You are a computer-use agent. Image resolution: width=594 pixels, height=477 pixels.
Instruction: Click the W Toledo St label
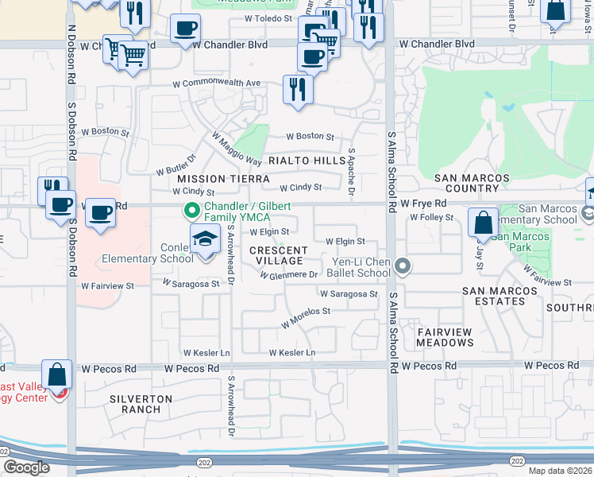click(x=269, y=17)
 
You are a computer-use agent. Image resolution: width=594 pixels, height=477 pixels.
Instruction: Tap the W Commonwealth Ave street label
click(x=218, y=83)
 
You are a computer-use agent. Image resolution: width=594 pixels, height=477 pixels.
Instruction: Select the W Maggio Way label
click(x=237, y=149)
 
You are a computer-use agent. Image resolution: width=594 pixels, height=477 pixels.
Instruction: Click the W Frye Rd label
click(x=423, y=204)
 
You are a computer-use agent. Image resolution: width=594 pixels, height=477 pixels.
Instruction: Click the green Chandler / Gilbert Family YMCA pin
click(x=191, y=211)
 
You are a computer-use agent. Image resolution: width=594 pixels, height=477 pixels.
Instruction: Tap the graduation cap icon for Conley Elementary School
click(x=205, y=238)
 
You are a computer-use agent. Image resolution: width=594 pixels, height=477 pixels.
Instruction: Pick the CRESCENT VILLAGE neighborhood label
click(x=278, y=255)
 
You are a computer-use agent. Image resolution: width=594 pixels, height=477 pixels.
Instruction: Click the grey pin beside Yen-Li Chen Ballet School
click(x=403, y=266)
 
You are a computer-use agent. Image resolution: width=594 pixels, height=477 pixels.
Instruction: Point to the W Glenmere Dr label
click(x=289, y=275)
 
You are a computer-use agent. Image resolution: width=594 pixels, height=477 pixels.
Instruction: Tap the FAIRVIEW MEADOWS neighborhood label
click(x=445, y=337)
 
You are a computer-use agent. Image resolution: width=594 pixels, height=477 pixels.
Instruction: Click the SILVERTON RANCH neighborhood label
click(x=141, y=404)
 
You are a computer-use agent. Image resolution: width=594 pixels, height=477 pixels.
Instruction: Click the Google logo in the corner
click(x=25, y=467)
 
